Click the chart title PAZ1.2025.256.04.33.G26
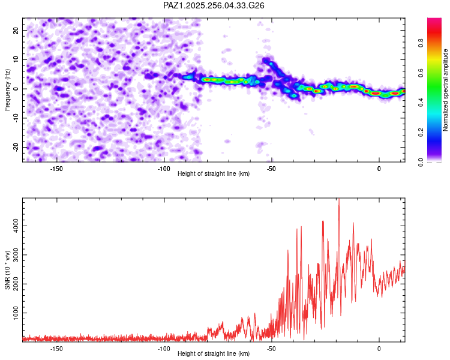click(214, 5)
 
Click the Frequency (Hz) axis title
click(7, 90)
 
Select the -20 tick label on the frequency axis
click(16, 147)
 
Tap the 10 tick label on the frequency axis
click(16, 59)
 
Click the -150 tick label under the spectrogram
click(56, 169)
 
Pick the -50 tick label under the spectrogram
click(271, 169)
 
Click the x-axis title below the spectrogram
click(214, 173)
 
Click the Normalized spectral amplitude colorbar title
click(445, 90)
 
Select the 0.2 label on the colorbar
click(421, 133)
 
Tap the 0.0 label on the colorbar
click(421, 162)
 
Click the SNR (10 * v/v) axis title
click(7, 270)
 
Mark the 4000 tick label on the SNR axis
click(16, 226)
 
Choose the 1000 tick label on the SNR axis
click(16, 313)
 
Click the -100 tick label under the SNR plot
click(164, 349)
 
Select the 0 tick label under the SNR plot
click(379, 349)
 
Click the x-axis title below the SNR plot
click(214, 353)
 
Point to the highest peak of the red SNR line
click(339, 199)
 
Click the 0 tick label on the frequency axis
click(16, 89)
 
